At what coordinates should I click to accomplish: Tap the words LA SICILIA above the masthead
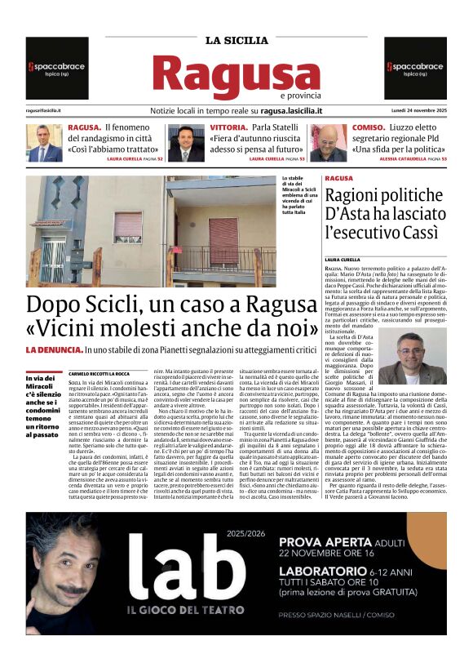tap(236, 40)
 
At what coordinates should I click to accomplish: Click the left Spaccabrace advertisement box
tap(56, 68)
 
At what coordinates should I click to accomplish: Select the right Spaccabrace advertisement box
tap(415, 68)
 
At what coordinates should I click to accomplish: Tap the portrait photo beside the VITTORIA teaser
tap(186, 143)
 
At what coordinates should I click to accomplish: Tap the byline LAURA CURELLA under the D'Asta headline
tap(342, 260)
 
